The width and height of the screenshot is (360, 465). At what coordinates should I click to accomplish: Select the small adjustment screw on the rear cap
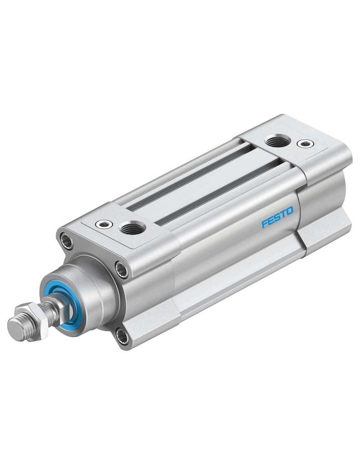click(305, 144)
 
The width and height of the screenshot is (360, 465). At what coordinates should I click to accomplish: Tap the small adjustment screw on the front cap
click(104, 224)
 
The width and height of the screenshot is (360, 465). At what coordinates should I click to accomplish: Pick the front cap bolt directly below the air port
click(122, 270)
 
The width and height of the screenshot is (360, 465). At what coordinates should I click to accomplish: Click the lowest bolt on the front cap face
click(122, 336)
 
